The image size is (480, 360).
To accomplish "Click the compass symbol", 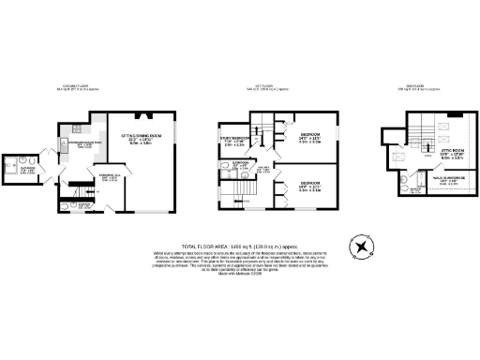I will [360, 247].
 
